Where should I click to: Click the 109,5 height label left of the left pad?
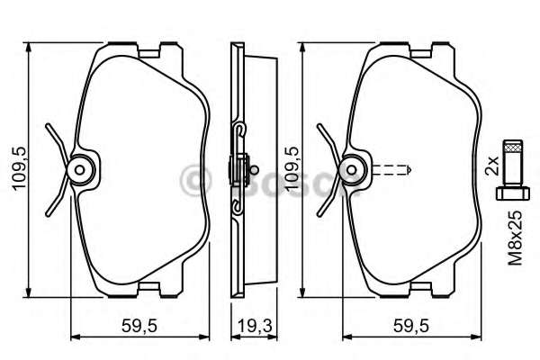(13, 166)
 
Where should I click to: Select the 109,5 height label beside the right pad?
(290, 167)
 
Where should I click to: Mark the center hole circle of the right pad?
(356, 168)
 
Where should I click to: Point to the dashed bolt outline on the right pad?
(391, 168)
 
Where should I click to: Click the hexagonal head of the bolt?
(511, 192)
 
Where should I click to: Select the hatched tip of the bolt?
(511, 148)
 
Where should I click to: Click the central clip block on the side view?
(240, 168)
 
